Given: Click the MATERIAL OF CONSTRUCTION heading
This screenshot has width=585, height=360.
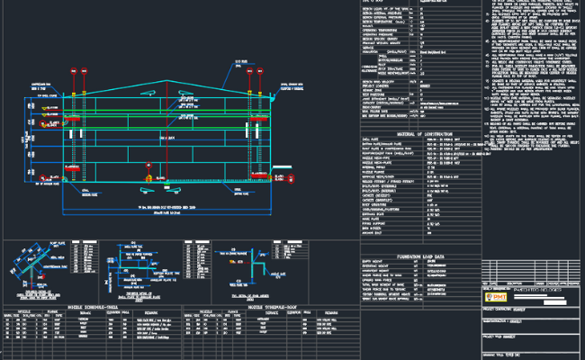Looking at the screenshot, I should [x=420, y=133].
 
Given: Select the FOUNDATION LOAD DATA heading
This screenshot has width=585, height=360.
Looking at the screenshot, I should [x=420, y=254].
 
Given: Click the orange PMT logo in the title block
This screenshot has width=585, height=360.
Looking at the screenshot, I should [x=495, y=296].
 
